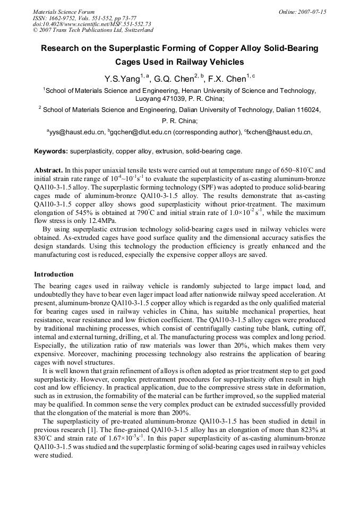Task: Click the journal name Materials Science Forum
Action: coord(64,12)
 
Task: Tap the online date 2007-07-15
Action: coord(314,12)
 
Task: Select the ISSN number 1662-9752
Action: coord(66,18)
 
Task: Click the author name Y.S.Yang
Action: coord(122,80)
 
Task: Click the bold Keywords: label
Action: coord(51,151)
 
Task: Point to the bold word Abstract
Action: coord(48,170)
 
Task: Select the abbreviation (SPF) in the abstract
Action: coord(221,187)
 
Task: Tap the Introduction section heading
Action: coord(54,274)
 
